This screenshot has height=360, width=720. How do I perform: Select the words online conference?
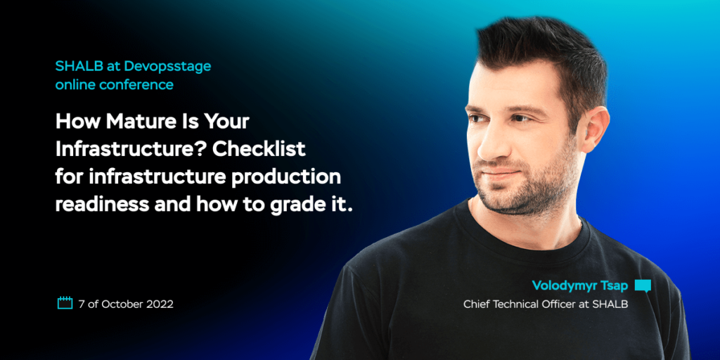click(114, 85)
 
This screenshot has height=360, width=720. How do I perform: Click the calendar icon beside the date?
click(65, 304)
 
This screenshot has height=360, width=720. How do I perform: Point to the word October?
click(122, 304)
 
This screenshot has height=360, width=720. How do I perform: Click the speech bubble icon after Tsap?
click(643, 285)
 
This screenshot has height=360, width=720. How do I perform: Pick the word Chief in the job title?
click(477, 304)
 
